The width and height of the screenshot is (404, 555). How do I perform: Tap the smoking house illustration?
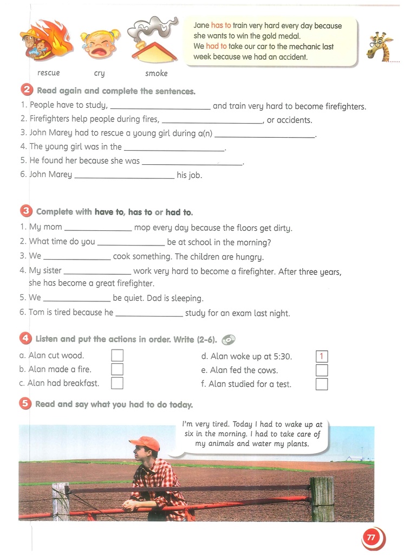(x=153, y=41)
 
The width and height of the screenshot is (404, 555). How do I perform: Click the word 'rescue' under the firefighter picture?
(x=49, y=73)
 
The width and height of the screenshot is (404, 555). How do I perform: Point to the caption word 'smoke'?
(x=157, y=74)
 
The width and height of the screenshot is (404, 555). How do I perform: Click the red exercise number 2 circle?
(x=27, y=91)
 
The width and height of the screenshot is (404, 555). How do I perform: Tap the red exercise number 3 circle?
(x=26, y=211)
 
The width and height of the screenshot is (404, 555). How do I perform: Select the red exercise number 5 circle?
(x=25, y=404)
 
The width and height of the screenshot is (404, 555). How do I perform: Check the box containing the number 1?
(x=321, y=357)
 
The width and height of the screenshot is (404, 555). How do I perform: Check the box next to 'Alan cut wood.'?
(x=117, y=356)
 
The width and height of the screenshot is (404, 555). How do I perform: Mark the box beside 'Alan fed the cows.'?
(x=321, y=371)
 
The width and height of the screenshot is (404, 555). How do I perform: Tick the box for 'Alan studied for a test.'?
(x=321, y=384)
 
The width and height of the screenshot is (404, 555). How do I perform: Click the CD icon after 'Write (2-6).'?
(x=228, y=340)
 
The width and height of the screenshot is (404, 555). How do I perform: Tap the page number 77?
(x=371, y=538)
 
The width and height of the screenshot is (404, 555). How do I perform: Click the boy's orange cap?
(x=145, y=443)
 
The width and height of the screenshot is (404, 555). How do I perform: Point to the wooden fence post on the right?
(x=322, y=498)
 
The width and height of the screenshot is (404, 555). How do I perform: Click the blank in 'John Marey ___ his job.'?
(x=125, y=176)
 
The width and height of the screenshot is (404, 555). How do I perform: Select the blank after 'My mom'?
(x=97, y=228)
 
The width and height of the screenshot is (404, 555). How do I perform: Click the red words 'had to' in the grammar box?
(x=216, y=47)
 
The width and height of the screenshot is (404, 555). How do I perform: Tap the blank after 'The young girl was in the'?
(x=174, y=147)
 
